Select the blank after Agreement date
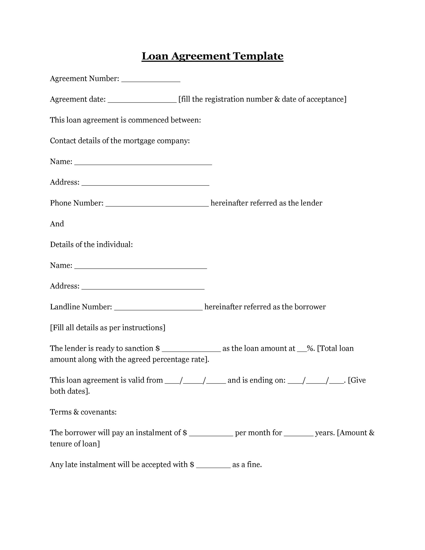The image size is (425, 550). [x=142, y=101]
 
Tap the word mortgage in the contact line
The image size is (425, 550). [x=139, y=141]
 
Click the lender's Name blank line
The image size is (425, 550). [x=143, y=163]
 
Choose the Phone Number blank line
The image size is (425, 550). [x=157, y=204]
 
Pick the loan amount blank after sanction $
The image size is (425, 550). [x=191, y=350]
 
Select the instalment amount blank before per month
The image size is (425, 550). [x=211, y=434]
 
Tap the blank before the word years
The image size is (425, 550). [x=298, y=434]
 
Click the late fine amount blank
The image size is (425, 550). [x=213, y=466]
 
